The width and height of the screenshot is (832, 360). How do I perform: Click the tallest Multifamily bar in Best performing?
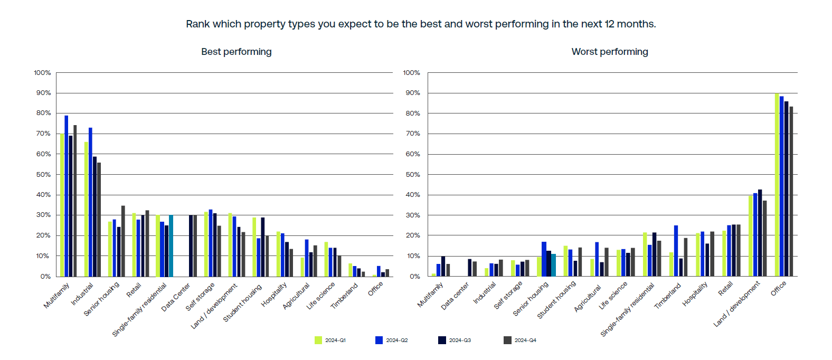pyautogui.click(x=67, y=195)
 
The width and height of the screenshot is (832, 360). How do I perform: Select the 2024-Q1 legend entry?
pyautogui.click(x=330, y=340)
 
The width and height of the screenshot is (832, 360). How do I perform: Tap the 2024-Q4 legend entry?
pyautogui.click(x=520, y=340)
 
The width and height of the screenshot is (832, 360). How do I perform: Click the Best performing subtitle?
pyautogui.click(x=236, y=52)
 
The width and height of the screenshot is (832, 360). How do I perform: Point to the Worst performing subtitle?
pyautogui.click(x=610, y=52)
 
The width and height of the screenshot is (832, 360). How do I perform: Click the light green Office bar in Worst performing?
pyautogui.click(x=777, y=185)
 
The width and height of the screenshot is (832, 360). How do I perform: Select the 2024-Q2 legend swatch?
pyautogui.click(x=379, y=340)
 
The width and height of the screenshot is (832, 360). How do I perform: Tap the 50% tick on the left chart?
pyautogui.click(x=43, y=174)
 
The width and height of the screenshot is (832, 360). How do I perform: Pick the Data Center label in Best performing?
pyautogui.click(x=176, y=297)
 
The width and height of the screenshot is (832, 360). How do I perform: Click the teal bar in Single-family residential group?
pyautogui.click(x=171, y=245)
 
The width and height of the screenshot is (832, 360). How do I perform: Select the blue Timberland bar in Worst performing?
pyautogui.click(x=676, y=251)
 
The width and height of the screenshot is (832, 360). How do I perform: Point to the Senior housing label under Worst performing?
pyautogui.click(x=531, y=298)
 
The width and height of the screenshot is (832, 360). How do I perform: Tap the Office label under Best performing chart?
pyautogui.click(x=375, y=289)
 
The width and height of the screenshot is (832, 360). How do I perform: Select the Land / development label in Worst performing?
pyautogui.click(x=737, y=304)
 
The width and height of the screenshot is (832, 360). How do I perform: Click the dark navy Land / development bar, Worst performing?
pyautogui.click(x=760, y=233)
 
